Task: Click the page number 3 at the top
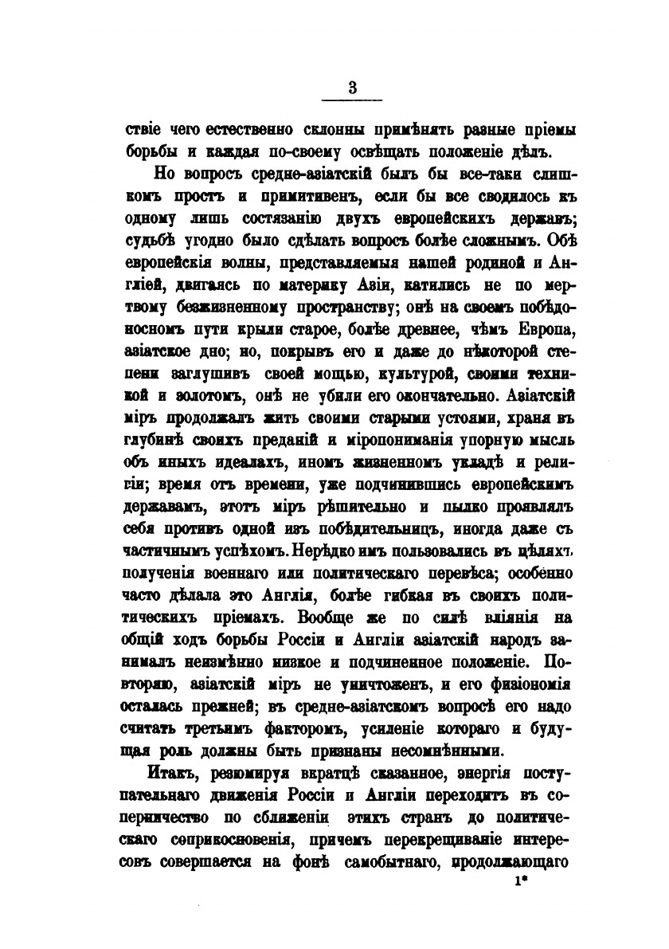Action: (351, 88)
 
